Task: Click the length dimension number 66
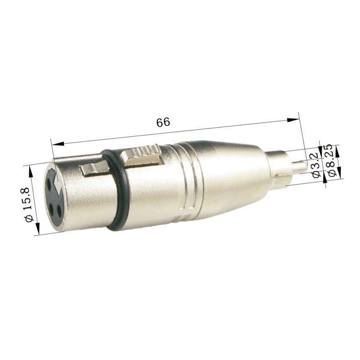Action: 163,123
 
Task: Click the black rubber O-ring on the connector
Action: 118,189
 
